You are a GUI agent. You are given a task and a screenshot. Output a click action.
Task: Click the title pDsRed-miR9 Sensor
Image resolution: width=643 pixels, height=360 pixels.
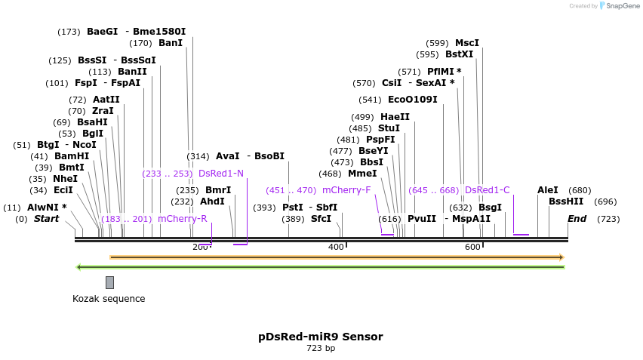tap(321, 337)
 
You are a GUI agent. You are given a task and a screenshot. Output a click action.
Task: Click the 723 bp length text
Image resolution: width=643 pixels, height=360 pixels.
tap(321, 349)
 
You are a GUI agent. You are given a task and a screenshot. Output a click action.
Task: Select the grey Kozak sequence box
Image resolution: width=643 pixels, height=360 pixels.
tap(109, 282)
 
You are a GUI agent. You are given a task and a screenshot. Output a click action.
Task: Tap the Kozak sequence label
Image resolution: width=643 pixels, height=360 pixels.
tap(109, 299)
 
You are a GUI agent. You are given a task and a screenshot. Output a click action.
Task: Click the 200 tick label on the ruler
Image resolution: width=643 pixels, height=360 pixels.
tap(200, 248)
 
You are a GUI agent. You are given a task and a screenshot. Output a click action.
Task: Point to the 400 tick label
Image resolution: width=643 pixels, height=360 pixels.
tap(336, 248)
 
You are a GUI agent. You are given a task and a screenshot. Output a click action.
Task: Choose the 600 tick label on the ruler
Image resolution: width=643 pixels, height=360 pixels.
tap(472, 248)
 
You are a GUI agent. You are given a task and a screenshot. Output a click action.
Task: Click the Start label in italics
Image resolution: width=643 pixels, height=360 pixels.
tap(46, 219)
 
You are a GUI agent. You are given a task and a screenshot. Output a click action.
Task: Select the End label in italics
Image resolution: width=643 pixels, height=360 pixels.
tap(577, 219)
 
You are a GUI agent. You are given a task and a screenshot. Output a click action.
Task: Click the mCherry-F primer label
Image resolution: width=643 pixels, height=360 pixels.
tap(346, 190)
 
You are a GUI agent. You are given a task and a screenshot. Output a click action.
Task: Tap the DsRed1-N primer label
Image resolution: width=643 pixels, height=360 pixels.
tap(221, 174)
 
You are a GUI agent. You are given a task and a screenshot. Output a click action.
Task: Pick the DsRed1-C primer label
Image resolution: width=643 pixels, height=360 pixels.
tap(488, 190)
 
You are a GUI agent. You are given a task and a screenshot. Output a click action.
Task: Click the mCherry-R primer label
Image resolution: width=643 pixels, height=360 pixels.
tap(182, 219)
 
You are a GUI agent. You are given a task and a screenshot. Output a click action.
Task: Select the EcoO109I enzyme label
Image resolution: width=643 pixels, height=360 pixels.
tap(412, 100)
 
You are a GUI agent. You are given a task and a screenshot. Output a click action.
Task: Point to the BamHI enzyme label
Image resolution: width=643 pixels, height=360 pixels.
tap(72, 156)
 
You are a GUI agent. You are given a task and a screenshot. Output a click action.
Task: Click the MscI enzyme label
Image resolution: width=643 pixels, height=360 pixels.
tap(467, 43)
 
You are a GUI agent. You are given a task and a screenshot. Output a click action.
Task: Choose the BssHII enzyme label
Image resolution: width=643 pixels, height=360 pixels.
tap(566, 202)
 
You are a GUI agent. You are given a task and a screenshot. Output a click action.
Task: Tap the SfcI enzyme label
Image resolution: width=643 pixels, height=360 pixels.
tap(321, 219)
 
